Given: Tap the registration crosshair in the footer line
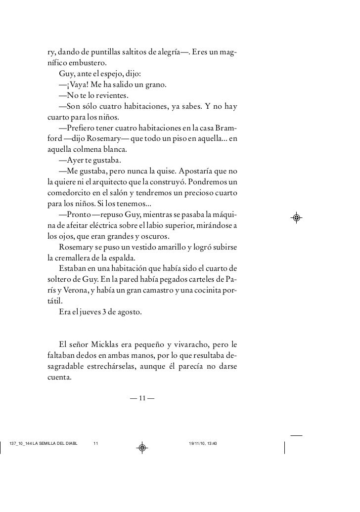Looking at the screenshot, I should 141,448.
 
